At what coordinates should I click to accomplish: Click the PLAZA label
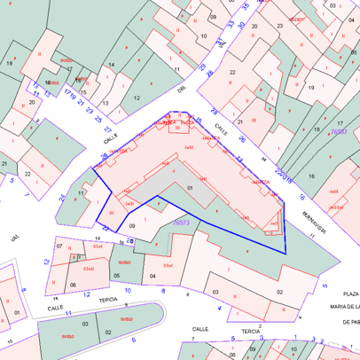click(x=349, y=293)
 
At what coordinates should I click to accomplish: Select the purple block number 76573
click(x=183, y=223)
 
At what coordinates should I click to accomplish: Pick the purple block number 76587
click(x=338, y=131)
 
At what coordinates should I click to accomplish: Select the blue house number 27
click(x=108, y=129)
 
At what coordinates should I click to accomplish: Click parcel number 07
click(x=59, y=246)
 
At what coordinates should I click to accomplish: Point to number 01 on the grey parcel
click(x=190, y=188)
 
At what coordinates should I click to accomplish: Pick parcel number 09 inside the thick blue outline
click(x=131, y=227)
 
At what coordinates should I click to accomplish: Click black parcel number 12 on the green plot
click(x=137, y=98)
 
